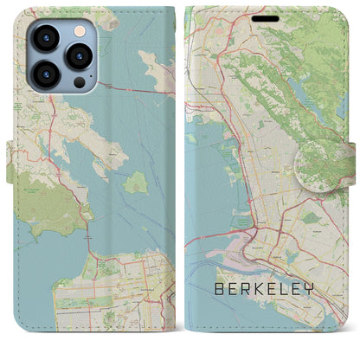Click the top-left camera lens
pyautogui.click(x=46, y=37)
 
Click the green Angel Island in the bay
pyautogui.click(x=134, y=183)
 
